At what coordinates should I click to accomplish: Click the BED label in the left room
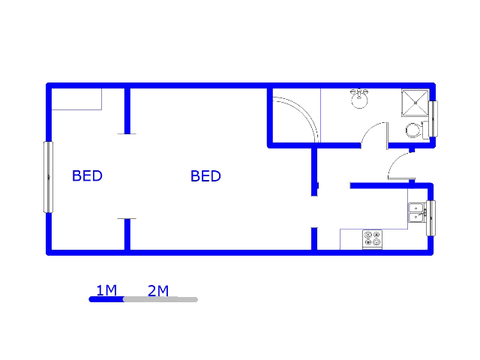point(87,175)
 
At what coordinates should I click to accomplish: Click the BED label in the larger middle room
point(205,176)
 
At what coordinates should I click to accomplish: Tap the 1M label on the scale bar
point(106,290)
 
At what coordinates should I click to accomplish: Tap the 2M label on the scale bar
point(158,290)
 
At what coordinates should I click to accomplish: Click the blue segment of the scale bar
point(106,299)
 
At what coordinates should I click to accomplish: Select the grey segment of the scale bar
point(160,300)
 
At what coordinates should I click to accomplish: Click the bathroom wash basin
point(359,98)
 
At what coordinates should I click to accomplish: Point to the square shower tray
point(415,103)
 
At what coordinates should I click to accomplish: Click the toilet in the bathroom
point(417,130)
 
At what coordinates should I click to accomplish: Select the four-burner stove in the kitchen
point(372,239)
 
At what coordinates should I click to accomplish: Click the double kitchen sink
point(416,212)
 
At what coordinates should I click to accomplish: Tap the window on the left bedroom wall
point(48,177)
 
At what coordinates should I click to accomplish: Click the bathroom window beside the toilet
point(433,118)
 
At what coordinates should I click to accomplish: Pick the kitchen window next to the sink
point(431,218)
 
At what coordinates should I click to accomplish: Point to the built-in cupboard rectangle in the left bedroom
point(76,99)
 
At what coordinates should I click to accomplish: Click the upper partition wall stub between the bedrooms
point(127,111)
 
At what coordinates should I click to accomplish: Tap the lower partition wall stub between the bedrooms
point(127,234)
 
